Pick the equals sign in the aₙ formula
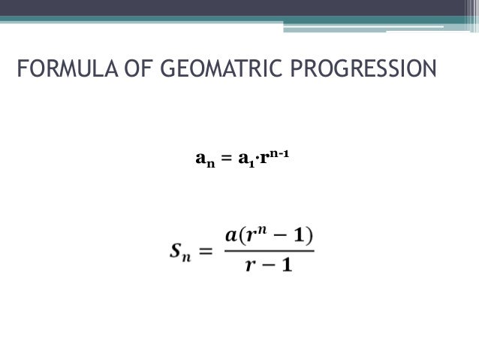(x=225, y=159)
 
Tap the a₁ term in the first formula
(x=246, y=160)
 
